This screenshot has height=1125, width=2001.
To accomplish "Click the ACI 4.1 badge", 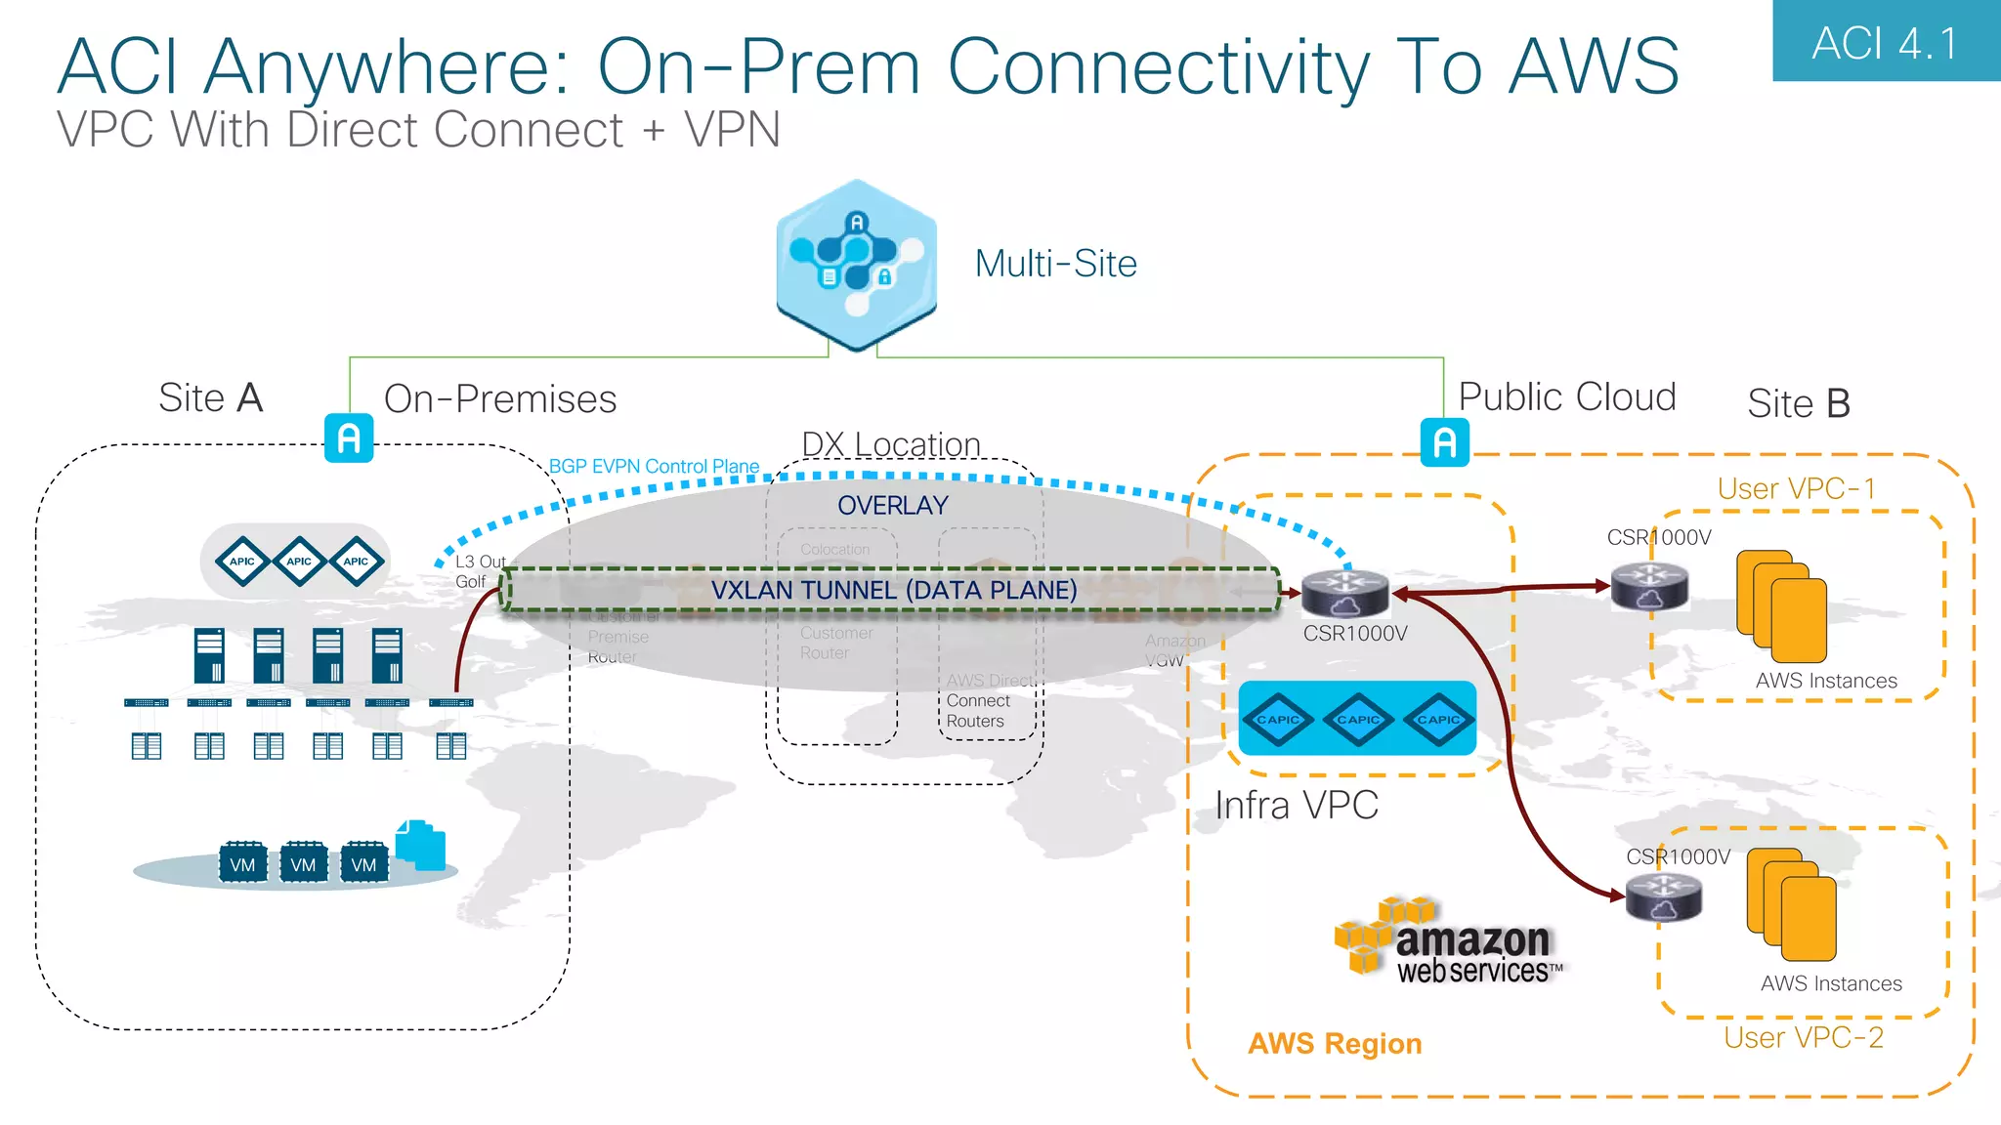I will coord(1885,42).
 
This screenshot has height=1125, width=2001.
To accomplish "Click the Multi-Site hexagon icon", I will coord(856,265).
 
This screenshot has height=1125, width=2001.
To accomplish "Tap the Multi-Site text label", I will coord(1055,264).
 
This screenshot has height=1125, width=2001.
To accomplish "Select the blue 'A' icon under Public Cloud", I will coord(1444,442).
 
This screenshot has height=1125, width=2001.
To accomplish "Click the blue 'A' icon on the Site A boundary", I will coord(349,438).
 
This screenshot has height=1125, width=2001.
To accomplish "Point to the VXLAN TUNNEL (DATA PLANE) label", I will coord(893,590).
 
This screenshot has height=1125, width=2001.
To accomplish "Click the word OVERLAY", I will coord(892,505).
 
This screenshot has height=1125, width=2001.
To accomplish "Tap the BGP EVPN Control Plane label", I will coord(654,467).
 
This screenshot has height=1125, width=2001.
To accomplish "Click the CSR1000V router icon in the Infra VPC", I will coord(1344,592).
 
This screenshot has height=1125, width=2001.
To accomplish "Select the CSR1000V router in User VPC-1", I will coord(1649,586).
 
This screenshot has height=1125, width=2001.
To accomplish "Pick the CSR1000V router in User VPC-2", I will coord(1664,896).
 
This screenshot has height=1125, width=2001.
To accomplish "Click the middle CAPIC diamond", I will coord(1357,720).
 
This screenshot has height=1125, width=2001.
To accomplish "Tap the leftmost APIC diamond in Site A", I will coord(241,562).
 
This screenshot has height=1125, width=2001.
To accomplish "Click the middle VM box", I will coord(303,864).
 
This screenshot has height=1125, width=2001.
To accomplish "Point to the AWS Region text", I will coord(1334,1044).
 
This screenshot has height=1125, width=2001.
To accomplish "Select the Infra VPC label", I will coord(1296,806).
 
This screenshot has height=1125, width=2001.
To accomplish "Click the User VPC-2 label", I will coord(1803,1037).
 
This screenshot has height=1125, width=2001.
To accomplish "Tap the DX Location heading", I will coord(890,443).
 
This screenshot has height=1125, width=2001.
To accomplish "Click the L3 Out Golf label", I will coord(479,571).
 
